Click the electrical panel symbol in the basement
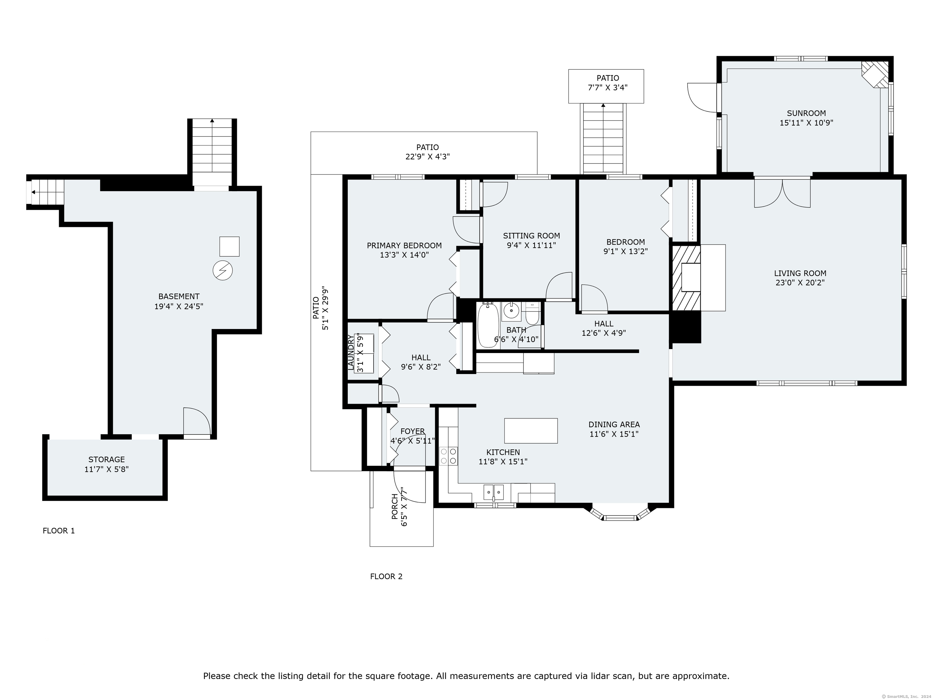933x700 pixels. [222, 270]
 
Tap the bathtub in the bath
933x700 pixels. [488, 325]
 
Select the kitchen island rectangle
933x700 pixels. [531, 431]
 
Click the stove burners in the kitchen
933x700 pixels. [448, 456]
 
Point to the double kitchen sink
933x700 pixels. [494, 492]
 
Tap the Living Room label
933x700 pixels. [800, 273]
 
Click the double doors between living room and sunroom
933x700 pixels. [782, 193]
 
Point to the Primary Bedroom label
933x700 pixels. [404, 245]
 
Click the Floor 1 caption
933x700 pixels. [59, 531]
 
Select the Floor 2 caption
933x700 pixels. [386, 576]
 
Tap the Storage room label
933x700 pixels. [106, 459]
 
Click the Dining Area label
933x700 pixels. [614, 424]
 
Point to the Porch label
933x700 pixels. [395, 507]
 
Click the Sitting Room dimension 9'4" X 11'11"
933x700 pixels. [531, 245]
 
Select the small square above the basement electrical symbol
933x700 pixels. [230, 246]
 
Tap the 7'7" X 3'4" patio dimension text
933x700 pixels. [607, 88]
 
